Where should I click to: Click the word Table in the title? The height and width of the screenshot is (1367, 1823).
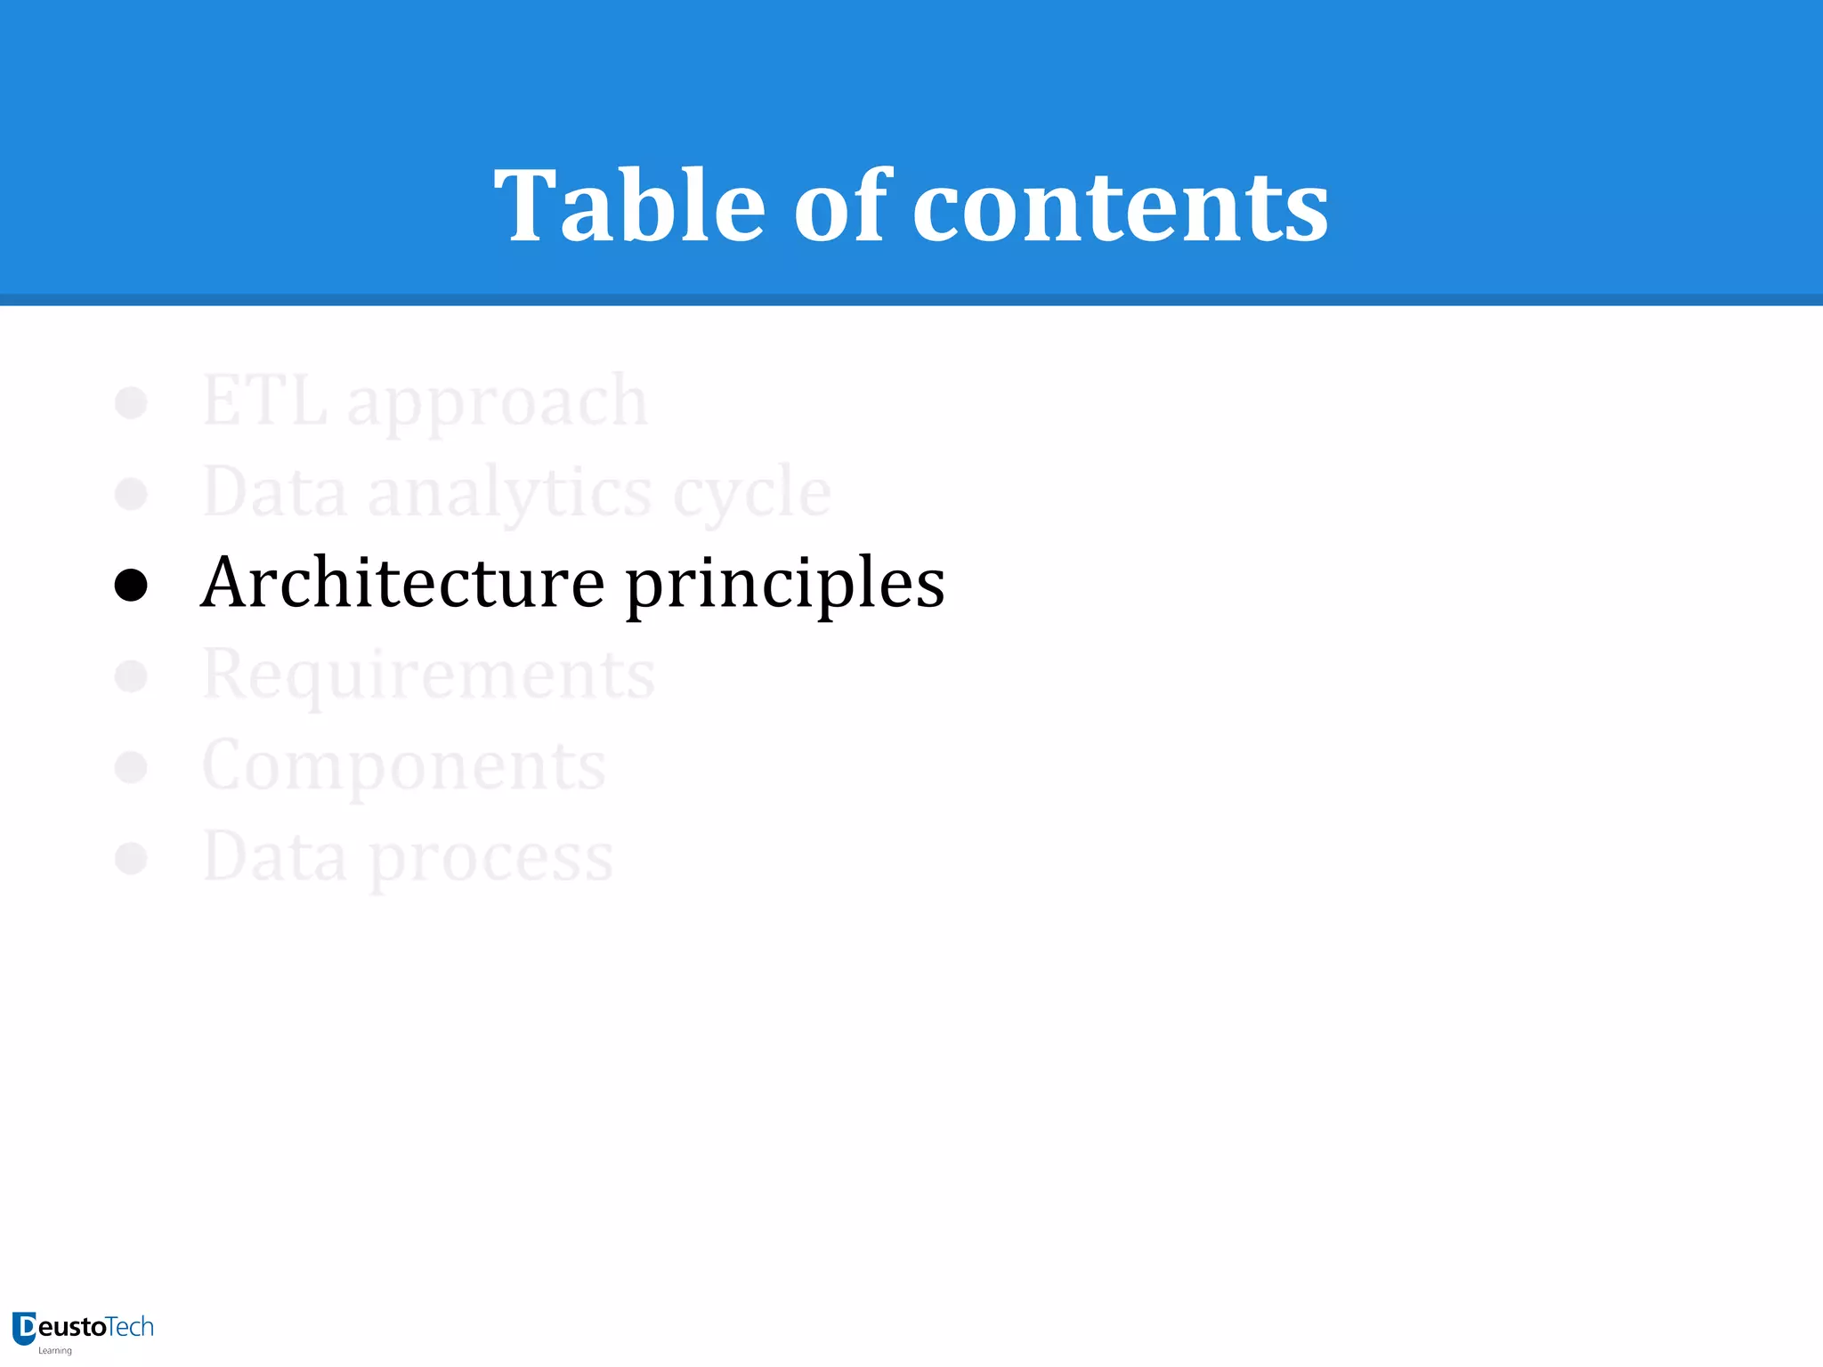pos(629,206)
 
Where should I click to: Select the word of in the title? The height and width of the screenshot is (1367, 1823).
pos(841,206)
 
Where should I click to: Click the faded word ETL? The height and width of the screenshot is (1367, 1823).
pos(264,401)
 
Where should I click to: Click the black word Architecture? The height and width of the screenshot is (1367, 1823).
pos(403,583)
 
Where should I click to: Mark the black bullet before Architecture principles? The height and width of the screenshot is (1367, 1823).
pos(131,585)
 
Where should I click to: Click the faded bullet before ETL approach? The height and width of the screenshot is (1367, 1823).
pos(131,402)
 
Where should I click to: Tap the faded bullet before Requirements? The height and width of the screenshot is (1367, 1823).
pos(131,675)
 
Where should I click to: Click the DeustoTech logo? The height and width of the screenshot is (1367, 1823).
pos(84,1331)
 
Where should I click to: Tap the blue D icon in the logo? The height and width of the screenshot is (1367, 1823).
pos(24,1328)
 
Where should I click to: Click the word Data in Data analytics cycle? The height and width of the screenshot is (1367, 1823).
pos(274,492)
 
